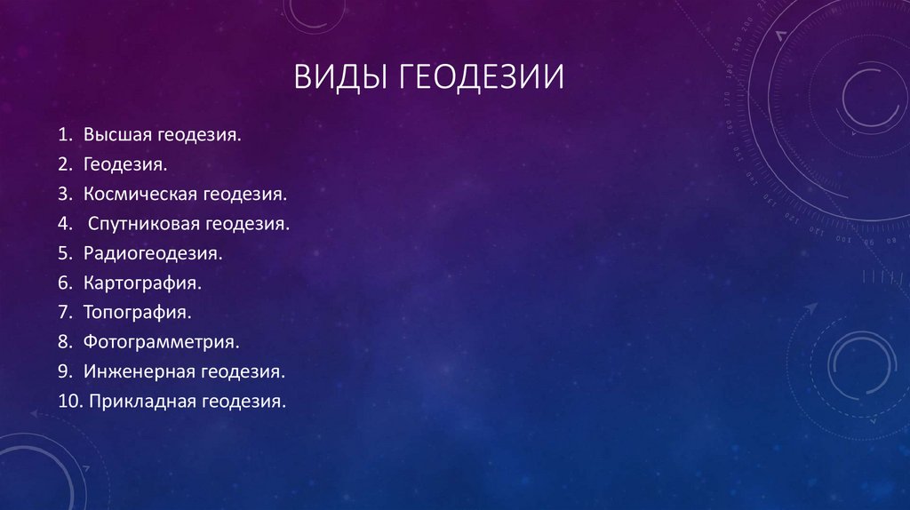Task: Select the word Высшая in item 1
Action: coord(118,136)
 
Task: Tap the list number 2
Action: coord(65,165)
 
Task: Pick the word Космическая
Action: coord(140,194)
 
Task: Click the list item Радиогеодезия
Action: coord(153,254)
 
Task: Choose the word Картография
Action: coord(143,283)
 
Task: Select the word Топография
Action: coord(138,313)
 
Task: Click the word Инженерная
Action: coord(139,371)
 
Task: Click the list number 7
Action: coord(65,313)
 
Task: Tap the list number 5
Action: coord(65,254)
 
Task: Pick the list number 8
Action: coord(65,342)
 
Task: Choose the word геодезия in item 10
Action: coord(244,402)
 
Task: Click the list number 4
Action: coord(65,224)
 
